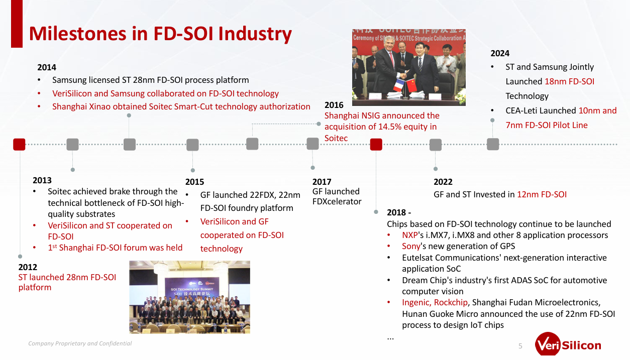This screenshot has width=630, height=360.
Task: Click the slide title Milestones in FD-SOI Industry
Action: click(160, 34)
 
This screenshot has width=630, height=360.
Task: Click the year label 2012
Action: click(28, 267)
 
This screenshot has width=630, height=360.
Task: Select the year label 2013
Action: click(42, 180)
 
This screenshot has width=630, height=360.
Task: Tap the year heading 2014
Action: click(47, 67)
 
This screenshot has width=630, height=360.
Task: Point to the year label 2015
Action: click(195, 182)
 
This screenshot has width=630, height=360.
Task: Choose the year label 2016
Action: click(334, 105)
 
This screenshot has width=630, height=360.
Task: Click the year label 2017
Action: click(322, 182)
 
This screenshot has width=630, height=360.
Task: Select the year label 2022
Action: click(443, 182)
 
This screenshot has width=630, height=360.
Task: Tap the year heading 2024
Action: click(500, 53)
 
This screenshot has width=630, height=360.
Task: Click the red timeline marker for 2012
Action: click(19, 145)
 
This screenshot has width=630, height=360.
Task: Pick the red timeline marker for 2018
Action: click(376, 145)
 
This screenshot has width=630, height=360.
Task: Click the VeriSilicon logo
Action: click(568, 344)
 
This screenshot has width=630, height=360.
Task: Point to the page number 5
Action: click(520, 346)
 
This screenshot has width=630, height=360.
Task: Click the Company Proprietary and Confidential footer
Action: click(80, 343)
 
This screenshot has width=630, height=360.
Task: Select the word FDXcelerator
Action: click(337, 202)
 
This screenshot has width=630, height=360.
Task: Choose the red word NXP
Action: click(410, 235)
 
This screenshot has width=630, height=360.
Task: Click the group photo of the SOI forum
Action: click(189, 297)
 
